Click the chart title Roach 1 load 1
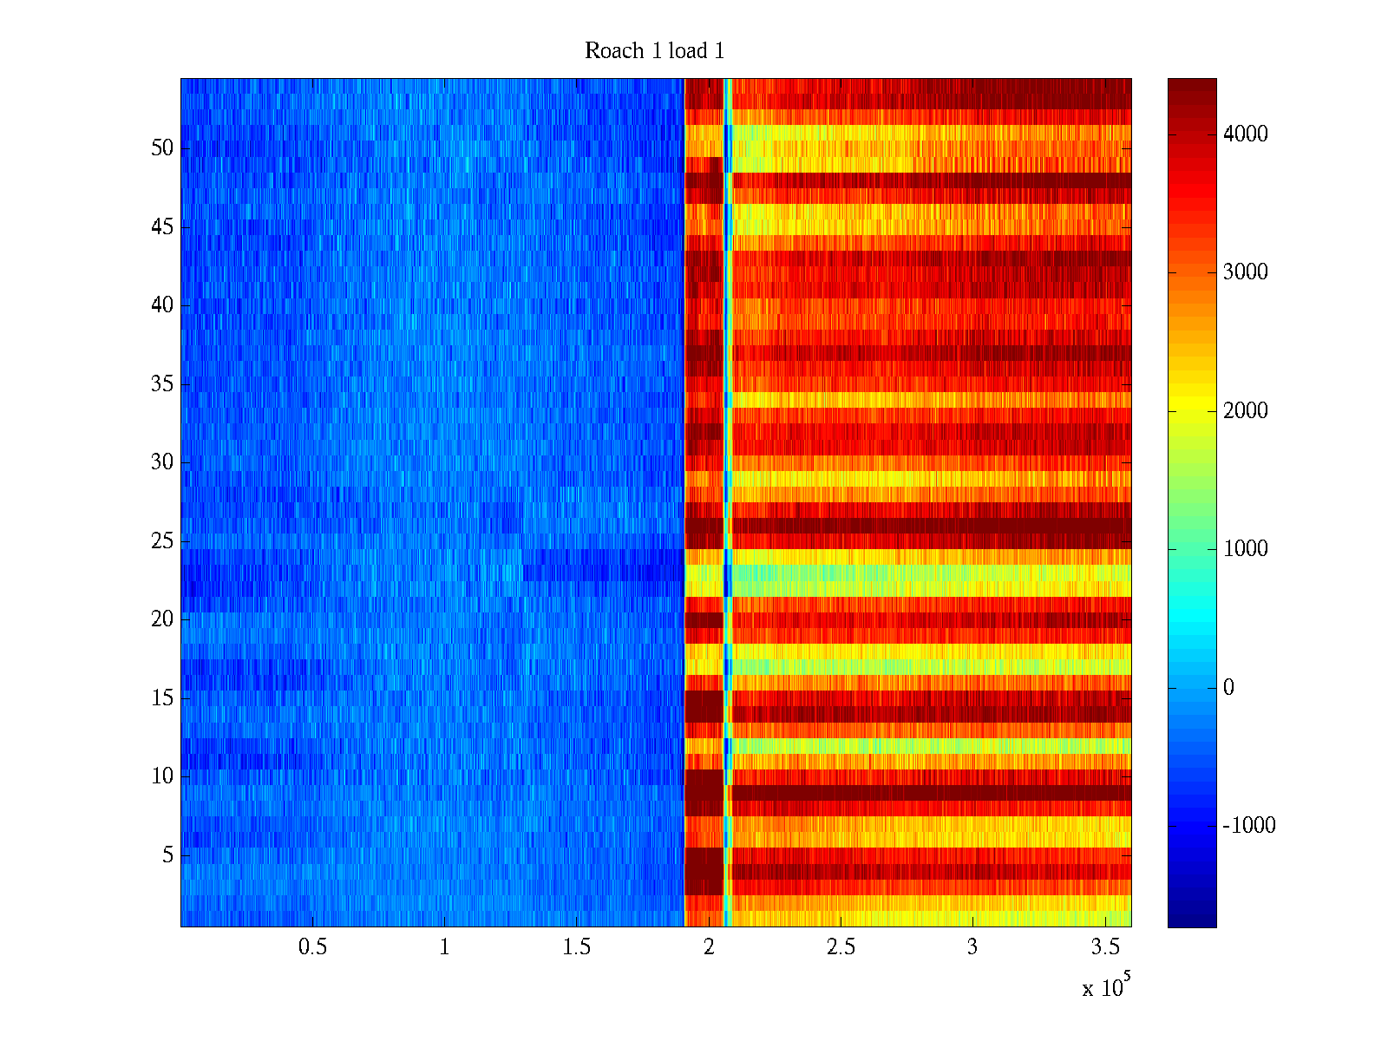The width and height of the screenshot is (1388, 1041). coord(654,51)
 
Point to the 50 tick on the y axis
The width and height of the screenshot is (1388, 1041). coord(162,148)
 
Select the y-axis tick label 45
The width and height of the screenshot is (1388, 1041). coord(162,227)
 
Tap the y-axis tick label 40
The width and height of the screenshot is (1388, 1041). coord(162,305)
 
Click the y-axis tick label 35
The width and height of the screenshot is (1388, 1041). coord(162,384)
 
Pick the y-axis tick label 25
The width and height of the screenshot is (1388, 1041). coord(162,541)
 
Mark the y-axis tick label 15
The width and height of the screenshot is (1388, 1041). coord(162,698)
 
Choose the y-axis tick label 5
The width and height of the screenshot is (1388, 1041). coord(167,855)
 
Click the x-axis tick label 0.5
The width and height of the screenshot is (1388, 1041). coord(312,947)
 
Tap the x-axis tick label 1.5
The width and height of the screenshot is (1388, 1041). coord(576,947)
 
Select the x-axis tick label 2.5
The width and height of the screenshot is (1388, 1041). coord(841,947)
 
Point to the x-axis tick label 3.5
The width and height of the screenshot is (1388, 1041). coord(1104,947)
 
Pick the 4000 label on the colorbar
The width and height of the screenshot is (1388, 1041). coord(1245,134)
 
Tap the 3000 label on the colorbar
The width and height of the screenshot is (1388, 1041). coord(1245,272)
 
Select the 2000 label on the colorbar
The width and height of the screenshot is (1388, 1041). coord(1245,411)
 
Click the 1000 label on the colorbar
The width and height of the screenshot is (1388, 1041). coord(1245,549)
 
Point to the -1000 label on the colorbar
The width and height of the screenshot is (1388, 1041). coord(1248,826)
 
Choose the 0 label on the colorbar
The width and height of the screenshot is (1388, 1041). coord(1228,688)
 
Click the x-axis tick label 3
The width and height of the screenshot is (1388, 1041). coord(972,947)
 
